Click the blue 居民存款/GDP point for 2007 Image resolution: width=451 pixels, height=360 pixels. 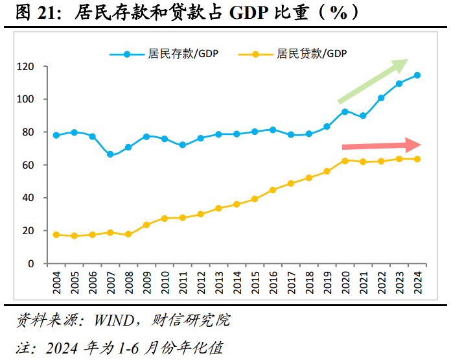point(110,154)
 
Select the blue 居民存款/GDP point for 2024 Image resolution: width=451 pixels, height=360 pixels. point(417,75)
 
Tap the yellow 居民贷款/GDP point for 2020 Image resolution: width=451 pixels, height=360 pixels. point(345,160)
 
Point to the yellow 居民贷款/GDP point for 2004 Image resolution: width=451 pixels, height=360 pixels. point(56,235)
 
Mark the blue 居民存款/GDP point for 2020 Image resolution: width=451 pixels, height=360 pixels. point(345,112)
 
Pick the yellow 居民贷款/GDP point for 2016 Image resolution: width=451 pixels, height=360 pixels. point(273,190)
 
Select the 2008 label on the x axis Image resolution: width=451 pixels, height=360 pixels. point(128,282)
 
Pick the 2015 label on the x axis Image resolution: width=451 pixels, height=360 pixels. point(255,282)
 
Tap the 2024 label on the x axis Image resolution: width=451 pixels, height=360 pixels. point(417,282)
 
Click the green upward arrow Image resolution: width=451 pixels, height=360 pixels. point(373,81)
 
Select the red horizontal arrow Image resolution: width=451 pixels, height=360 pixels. point(381,145)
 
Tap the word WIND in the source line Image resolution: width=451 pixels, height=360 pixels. point(113,320)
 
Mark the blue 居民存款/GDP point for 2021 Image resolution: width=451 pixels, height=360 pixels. point(363,116)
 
